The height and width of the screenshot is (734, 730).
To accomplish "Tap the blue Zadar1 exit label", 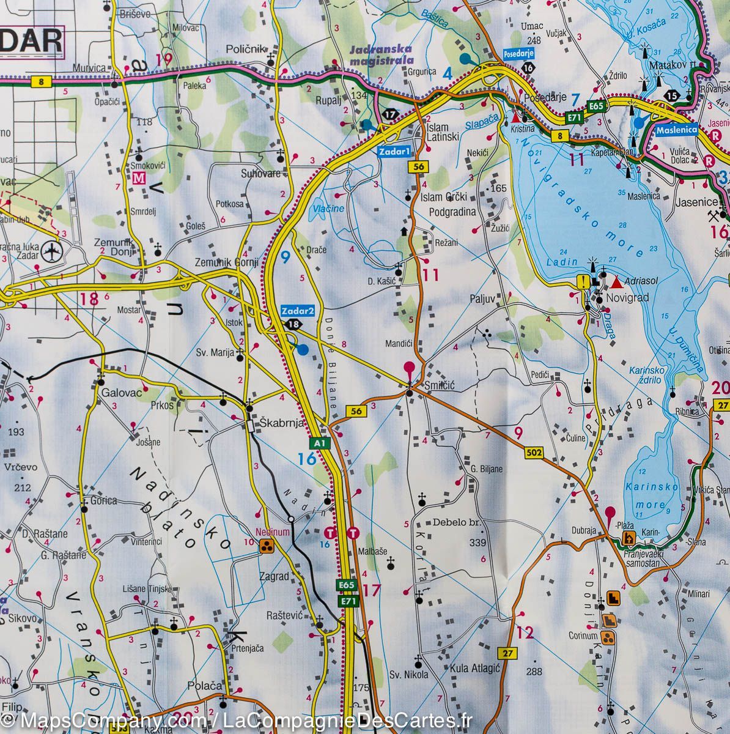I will [394, 152].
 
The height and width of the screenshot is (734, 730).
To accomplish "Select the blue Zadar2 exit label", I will [298, 311].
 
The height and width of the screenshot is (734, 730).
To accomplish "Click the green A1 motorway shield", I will [319, 442].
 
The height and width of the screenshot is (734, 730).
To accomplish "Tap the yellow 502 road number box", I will [534, 453].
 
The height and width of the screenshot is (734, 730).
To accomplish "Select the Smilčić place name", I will [438, 387].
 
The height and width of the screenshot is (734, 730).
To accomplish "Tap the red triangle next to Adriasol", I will [616, 283].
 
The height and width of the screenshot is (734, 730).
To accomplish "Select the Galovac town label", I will [119, 393].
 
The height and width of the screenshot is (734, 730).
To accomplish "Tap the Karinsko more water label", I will [645, 496].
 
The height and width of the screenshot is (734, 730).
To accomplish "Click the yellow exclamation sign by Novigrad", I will [585, 282].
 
